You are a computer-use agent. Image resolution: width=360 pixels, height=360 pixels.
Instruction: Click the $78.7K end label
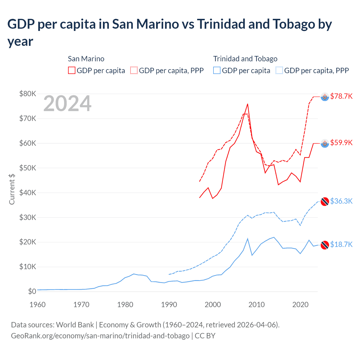coord(341,96)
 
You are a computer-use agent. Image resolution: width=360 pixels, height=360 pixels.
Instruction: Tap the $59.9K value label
coord(341,143)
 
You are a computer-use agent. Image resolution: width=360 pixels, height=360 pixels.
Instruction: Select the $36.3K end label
coord(341,201)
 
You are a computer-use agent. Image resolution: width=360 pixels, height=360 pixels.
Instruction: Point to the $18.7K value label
coord(341,244)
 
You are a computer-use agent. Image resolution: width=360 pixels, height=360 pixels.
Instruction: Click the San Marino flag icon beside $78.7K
coord(325,97)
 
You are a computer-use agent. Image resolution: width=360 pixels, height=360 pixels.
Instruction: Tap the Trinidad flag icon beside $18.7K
coord(325,245)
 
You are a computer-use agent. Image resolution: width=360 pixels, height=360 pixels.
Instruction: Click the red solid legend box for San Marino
coord(72,70)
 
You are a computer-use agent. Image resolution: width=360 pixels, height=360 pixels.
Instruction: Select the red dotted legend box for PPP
coord(134,70)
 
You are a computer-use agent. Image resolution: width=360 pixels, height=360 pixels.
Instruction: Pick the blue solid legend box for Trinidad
coord(217,70)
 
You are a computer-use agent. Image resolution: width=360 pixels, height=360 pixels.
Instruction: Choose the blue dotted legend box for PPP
coord(279,70)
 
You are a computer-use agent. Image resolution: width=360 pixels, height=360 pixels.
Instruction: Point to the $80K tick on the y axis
coord(28,94)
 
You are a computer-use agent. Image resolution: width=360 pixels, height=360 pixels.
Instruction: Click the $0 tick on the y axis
coord(32,291)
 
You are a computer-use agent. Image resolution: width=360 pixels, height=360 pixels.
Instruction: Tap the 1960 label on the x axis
coord(37,305)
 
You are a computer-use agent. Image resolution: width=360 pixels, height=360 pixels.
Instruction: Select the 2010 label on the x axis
coord(256,305)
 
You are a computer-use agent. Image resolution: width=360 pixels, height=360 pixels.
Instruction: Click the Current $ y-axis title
coord(12,189)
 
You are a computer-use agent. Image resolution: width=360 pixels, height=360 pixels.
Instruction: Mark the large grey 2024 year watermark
coord(67,104)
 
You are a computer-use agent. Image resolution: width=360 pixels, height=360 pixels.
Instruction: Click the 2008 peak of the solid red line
coord(247,104)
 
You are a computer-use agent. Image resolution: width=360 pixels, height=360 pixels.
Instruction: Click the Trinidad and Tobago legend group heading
coord(245,59)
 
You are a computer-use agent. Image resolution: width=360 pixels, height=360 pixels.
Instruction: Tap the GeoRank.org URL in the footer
coord(100,336)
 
